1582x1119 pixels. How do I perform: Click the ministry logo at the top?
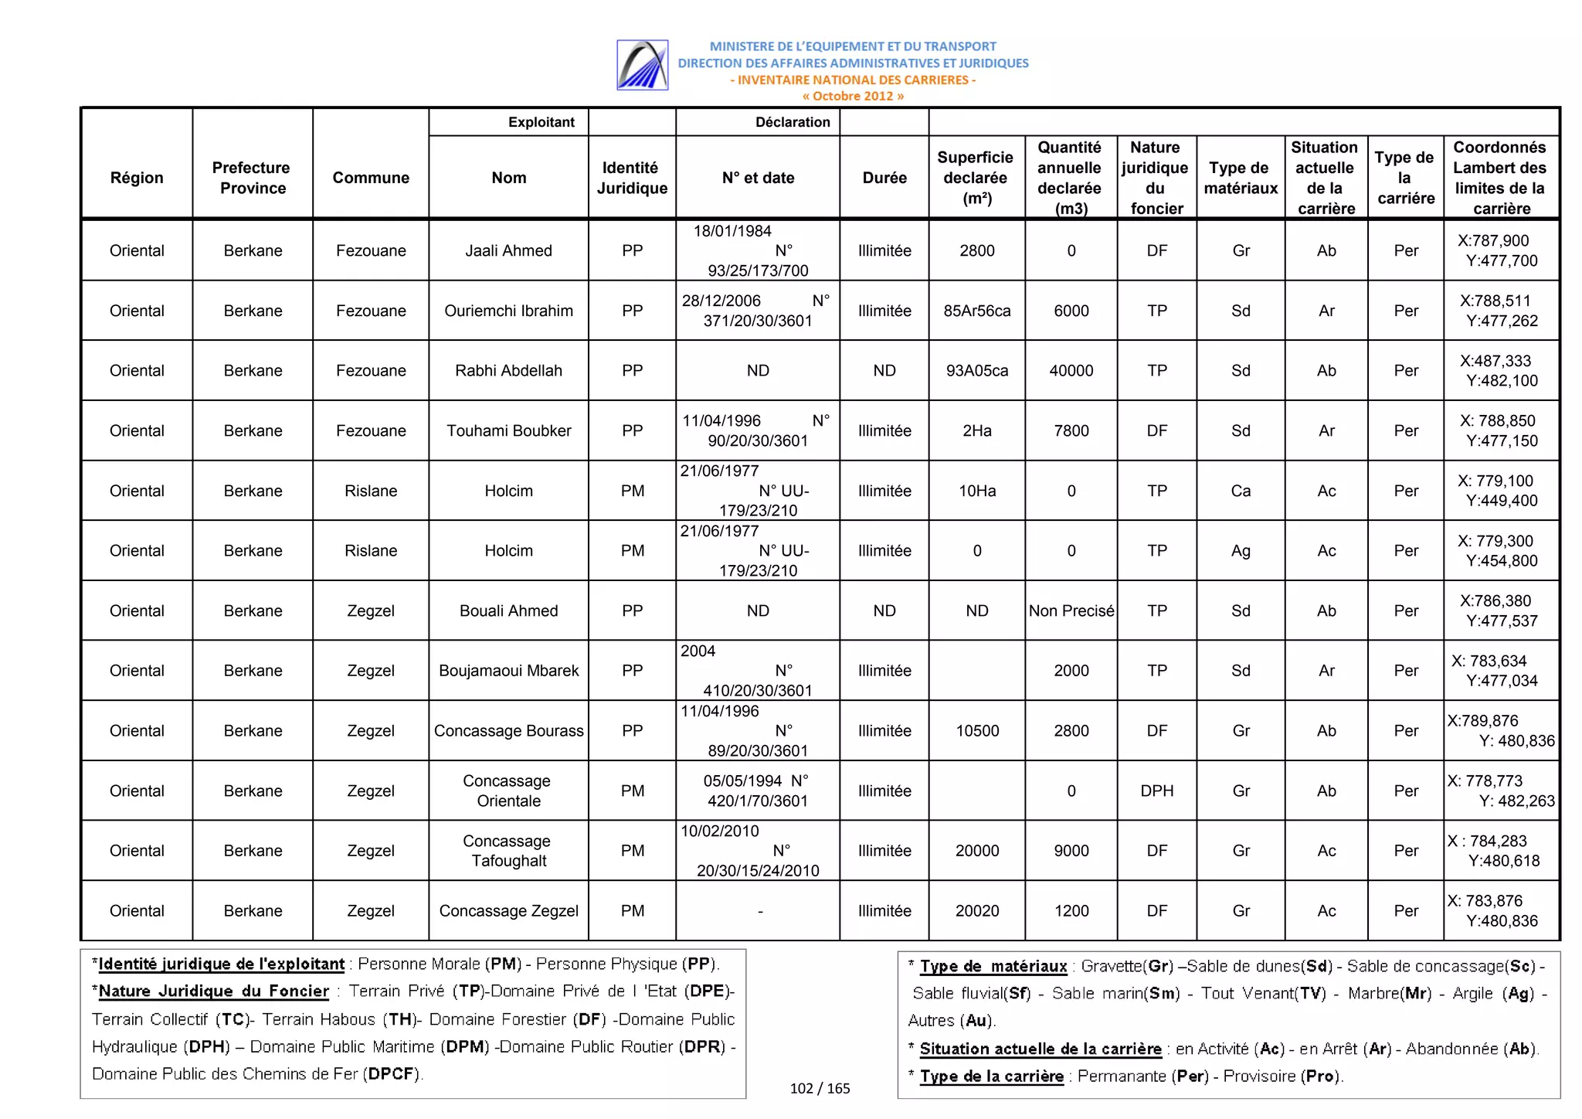pyautogui.click(x=642, y=65)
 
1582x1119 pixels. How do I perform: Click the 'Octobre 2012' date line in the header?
pyautogui.click(x=853, y=97)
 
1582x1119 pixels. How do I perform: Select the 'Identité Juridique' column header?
pyautogui.click(x=632, y=178)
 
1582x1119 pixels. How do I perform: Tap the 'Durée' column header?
pyautogui.click(x=884, y=178)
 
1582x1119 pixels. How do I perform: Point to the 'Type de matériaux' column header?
pyautogui.click(x=1241, y=178)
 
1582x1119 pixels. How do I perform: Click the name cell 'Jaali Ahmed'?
pyautogui.click(x=508, y=250)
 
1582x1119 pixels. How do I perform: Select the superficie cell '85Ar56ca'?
pyautogui.click(x=977, y=311)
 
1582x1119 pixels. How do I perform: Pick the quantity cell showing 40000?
pyautogui.click(x=1071, y=371)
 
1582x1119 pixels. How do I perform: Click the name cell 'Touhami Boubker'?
pyautogui.click(x=508, y=430)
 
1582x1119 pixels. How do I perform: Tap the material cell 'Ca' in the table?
pyautogui.click(x=1241, y=491)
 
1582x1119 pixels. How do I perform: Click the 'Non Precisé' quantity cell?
pyautogui.click(x=1071, y=611)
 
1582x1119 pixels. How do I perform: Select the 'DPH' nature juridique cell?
pyautogui.click(x=1156, y=791)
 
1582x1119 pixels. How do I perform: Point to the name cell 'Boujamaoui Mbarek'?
pyautogui.click(x=508, y=671)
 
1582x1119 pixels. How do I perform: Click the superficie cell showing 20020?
pyautogui.click(x=977, y=911)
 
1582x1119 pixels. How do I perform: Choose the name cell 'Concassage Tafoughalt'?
pyautogui.click(x=508, y=851)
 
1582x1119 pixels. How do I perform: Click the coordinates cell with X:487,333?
pyautogui.click(x=1501, y=371)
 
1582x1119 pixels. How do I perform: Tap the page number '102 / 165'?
pyautogui.click(x=820, y=1089)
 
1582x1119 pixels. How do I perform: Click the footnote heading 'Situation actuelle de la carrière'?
pyautogui.click(x=1041, y=1049)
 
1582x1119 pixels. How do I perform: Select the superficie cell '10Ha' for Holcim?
pyautogui.click(x=977, y=491)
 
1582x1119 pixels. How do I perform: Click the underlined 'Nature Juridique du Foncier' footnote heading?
pyautogui.click(x=213, y=991)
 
